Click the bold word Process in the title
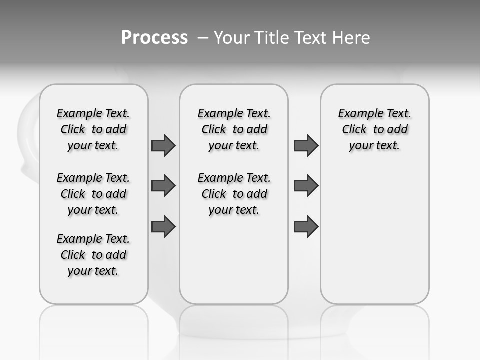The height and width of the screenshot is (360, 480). [154, 37]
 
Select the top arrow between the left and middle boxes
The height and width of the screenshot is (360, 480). [163, 145]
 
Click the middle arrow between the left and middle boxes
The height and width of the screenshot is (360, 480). [163, 186]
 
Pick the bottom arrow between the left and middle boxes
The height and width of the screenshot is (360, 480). [163, 226]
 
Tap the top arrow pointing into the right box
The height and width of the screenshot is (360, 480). [306, 145]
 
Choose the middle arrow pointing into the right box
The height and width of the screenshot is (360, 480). [306, 186]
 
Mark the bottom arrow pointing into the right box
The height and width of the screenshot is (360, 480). [306, 226]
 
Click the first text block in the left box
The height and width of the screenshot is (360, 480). [93, 129]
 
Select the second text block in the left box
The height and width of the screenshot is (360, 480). [93, 194]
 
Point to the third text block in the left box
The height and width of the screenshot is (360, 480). [93, 255]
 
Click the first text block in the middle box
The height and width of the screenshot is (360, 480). [234, 129]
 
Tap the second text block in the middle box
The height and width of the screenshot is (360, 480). [234, 194]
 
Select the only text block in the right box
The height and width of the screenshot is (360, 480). [374, 129]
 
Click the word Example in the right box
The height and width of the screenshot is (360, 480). [356, 114]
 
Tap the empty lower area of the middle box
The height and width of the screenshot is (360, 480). [234, 260]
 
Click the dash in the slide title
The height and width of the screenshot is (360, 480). [203, 38]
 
